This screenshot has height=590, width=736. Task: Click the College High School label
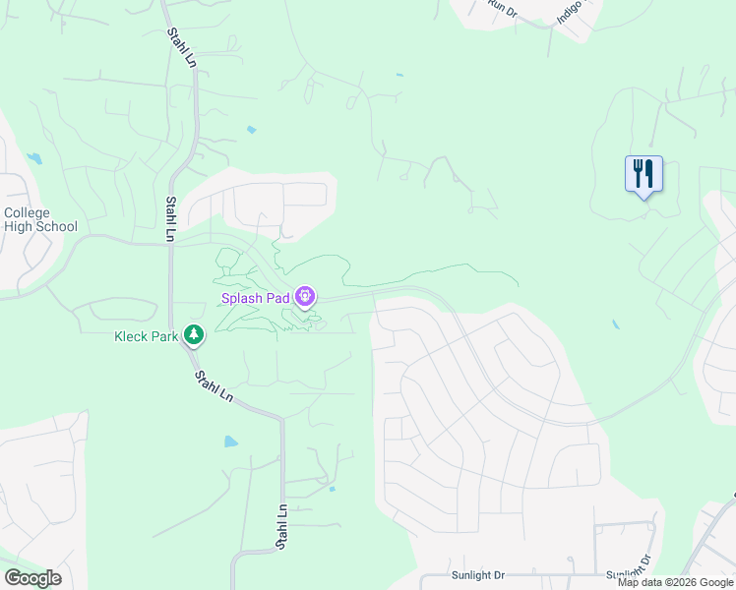[40, 219]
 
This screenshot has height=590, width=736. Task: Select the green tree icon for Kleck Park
[195, 335]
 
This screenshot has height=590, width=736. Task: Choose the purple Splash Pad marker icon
[305, 295]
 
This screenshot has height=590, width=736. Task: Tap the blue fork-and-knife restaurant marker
[644, 174]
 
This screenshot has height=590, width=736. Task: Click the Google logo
[32, 578]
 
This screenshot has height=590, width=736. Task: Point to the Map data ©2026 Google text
[676, 582]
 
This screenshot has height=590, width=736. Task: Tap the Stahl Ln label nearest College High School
[171, 218]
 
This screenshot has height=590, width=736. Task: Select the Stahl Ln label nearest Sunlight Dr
[282, 527]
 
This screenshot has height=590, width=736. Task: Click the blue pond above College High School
[35, 158]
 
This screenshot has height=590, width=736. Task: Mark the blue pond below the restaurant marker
[616, 324]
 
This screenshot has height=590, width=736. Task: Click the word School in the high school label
[57, 226]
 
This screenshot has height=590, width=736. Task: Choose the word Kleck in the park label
[133, 336]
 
